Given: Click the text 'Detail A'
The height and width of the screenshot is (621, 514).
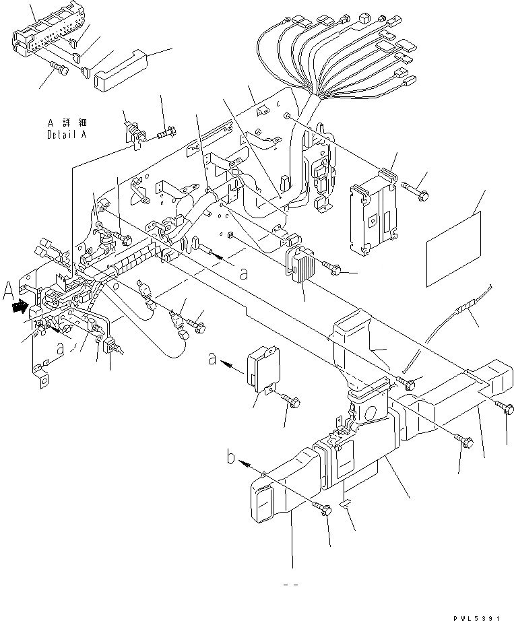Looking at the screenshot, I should (x=68, y=134).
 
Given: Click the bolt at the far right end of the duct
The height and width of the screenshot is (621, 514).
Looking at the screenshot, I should (x=507, y=407).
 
